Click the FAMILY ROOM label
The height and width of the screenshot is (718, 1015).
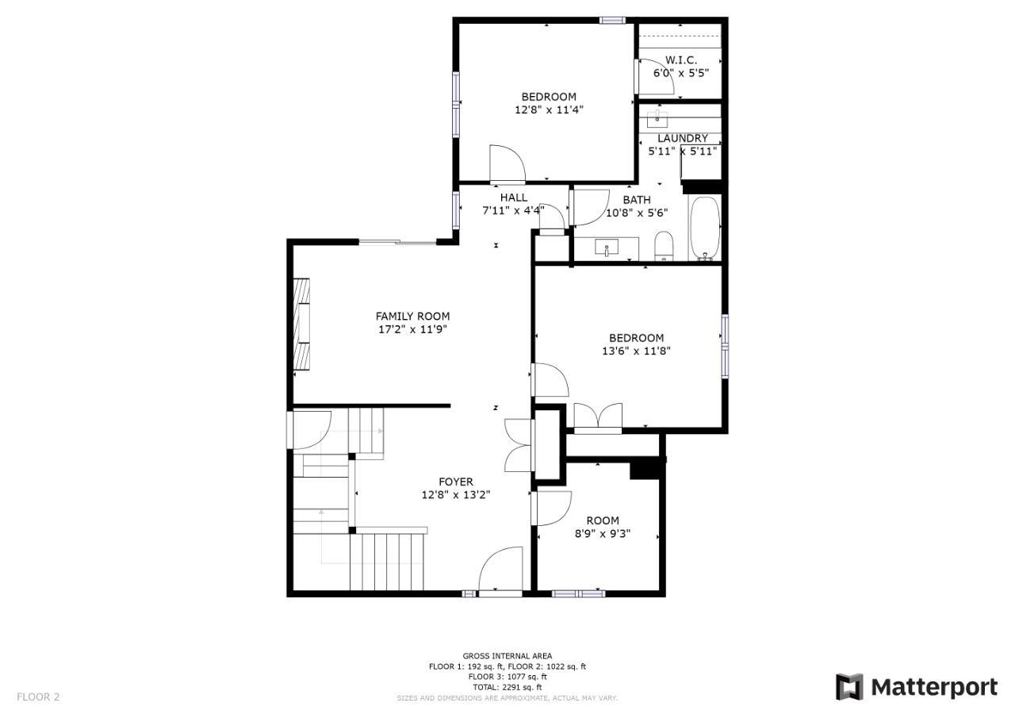click(412, 317)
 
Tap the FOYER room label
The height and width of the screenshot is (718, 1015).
click(456, 482)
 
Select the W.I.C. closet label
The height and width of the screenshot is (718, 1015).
click(681, 60)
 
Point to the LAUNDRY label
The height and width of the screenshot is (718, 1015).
click(683, 138)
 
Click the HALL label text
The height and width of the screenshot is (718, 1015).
click(514, 198)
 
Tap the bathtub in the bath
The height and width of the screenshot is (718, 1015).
click(705, 228)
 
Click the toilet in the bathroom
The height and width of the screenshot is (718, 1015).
click(664, 247)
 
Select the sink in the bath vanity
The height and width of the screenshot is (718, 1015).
click(607, 248)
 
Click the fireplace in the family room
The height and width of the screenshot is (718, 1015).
click(302, 324)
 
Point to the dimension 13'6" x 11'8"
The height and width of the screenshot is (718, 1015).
click(636, 351)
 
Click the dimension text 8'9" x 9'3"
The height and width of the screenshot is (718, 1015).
click(603, 533)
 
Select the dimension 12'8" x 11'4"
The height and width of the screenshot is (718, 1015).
click(549, 109)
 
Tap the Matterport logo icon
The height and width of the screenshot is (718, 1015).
click(849, 687)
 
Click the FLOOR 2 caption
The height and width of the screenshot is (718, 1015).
click(38, 697)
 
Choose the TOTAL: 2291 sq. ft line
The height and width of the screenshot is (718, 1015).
click(507, 687)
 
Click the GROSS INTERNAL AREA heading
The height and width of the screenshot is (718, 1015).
click(507, 656)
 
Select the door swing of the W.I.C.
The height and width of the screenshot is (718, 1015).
click(655, 76)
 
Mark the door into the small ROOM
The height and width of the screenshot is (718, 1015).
click(551, 508)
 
